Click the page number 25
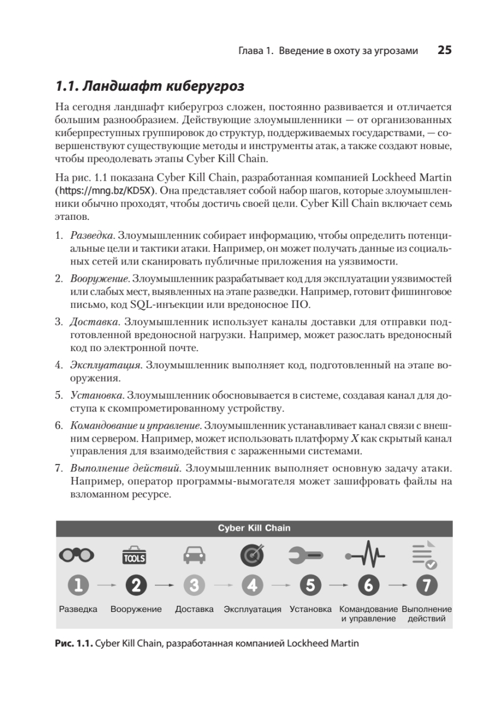pos(445,51)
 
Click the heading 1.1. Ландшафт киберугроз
pos(149,86)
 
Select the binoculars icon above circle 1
pos(77,554)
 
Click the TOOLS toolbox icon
pos(135,555)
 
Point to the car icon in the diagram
pos(194,555)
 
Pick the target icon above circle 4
pos(252,555)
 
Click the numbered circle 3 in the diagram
pos(194,586)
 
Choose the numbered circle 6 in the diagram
pos(369,586)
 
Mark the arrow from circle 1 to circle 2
pos(106,586)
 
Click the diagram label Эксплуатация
pos(252,610)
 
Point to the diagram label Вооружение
pos(136,610)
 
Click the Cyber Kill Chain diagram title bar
pos(253,528)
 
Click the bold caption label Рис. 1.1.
pos(74,643)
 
